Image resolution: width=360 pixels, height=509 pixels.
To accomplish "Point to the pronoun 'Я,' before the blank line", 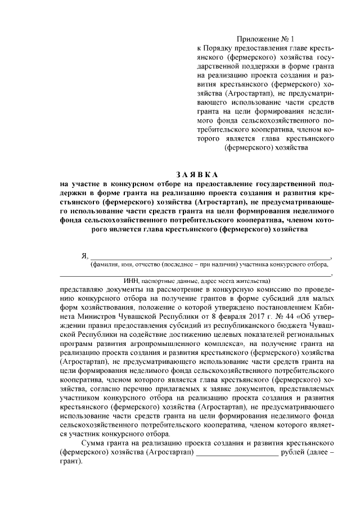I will [85, 256].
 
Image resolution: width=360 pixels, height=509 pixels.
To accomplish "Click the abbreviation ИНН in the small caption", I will [130, 280].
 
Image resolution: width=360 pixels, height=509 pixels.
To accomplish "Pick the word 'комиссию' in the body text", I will [245, 289].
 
